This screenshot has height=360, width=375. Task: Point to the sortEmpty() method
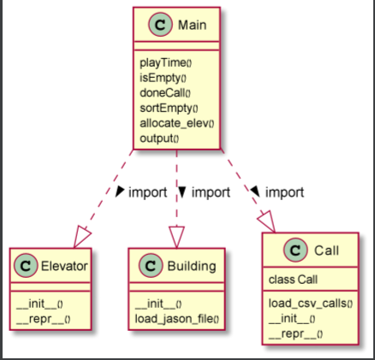(x=168, y=108)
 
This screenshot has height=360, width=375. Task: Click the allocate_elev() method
(x=176, y=122)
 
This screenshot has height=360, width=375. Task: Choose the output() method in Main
(x=159, y=138)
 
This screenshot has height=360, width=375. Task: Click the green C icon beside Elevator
(x=24, y=266)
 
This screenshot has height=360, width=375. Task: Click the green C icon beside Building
(x=144, y=266)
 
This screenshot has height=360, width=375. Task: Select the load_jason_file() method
(x=177, y=319)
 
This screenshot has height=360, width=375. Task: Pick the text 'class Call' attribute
(x=293, y=280)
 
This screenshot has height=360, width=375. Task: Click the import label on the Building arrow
(x=210, y=192)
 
